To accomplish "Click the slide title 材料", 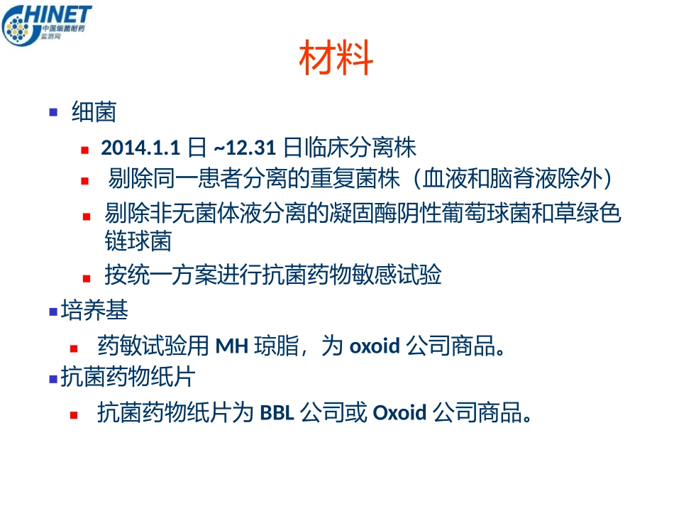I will (336, 59).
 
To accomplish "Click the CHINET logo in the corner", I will (47, 25).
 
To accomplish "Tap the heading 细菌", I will (94, 112).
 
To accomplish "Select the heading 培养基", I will (94, 310).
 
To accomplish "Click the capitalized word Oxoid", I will (399, 412).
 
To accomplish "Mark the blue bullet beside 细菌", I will (53, 112).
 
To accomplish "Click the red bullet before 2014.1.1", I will (84, 150).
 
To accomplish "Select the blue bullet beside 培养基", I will (53, 311).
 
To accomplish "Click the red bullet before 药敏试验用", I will (74, 348).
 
